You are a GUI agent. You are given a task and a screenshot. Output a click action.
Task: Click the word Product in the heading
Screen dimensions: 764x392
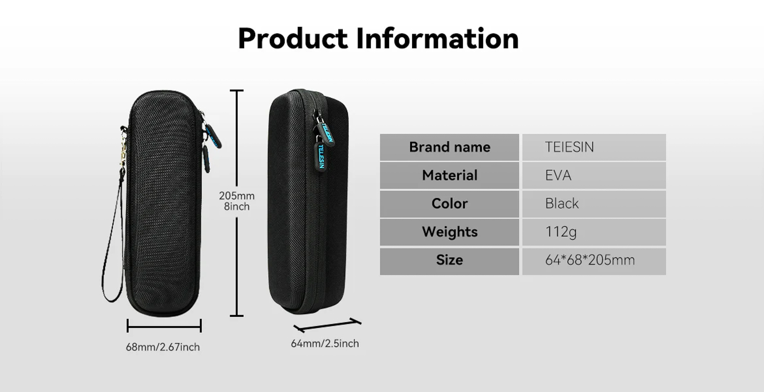(293, 39)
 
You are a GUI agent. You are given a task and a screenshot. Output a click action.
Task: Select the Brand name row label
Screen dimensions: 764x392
(450, 147)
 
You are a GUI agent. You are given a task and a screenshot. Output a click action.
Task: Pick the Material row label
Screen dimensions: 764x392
(450, 175)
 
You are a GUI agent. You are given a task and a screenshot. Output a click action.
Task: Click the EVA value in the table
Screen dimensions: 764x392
(558, 175)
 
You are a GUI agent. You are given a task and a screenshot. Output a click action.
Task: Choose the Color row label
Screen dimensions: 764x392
(450, 204)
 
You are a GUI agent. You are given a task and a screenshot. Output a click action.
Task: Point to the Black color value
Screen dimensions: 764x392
(562, 204)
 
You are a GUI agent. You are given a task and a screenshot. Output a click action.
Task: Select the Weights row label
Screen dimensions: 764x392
(450, 232)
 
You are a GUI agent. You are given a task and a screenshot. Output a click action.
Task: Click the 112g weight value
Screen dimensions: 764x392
(561, 232)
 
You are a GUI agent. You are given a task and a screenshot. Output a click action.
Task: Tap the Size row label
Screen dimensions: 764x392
(450, 260)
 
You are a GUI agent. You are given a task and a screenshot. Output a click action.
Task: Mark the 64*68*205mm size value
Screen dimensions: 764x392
(590, 260)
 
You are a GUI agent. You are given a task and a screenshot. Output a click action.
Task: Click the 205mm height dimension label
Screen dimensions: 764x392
(236, 196)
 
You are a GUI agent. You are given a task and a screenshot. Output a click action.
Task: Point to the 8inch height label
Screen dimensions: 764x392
(236, 207)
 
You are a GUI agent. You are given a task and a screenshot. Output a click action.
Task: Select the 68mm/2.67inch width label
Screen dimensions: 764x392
(163, 347)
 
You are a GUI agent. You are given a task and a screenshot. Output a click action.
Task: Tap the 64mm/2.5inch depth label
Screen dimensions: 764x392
(325, 343)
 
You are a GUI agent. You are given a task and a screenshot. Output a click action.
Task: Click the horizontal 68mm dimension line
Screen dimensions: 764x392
(164, 326)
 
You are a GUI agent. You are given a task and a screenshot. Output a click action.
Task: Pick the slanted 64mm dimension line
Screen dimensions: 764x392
(327, 325)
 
